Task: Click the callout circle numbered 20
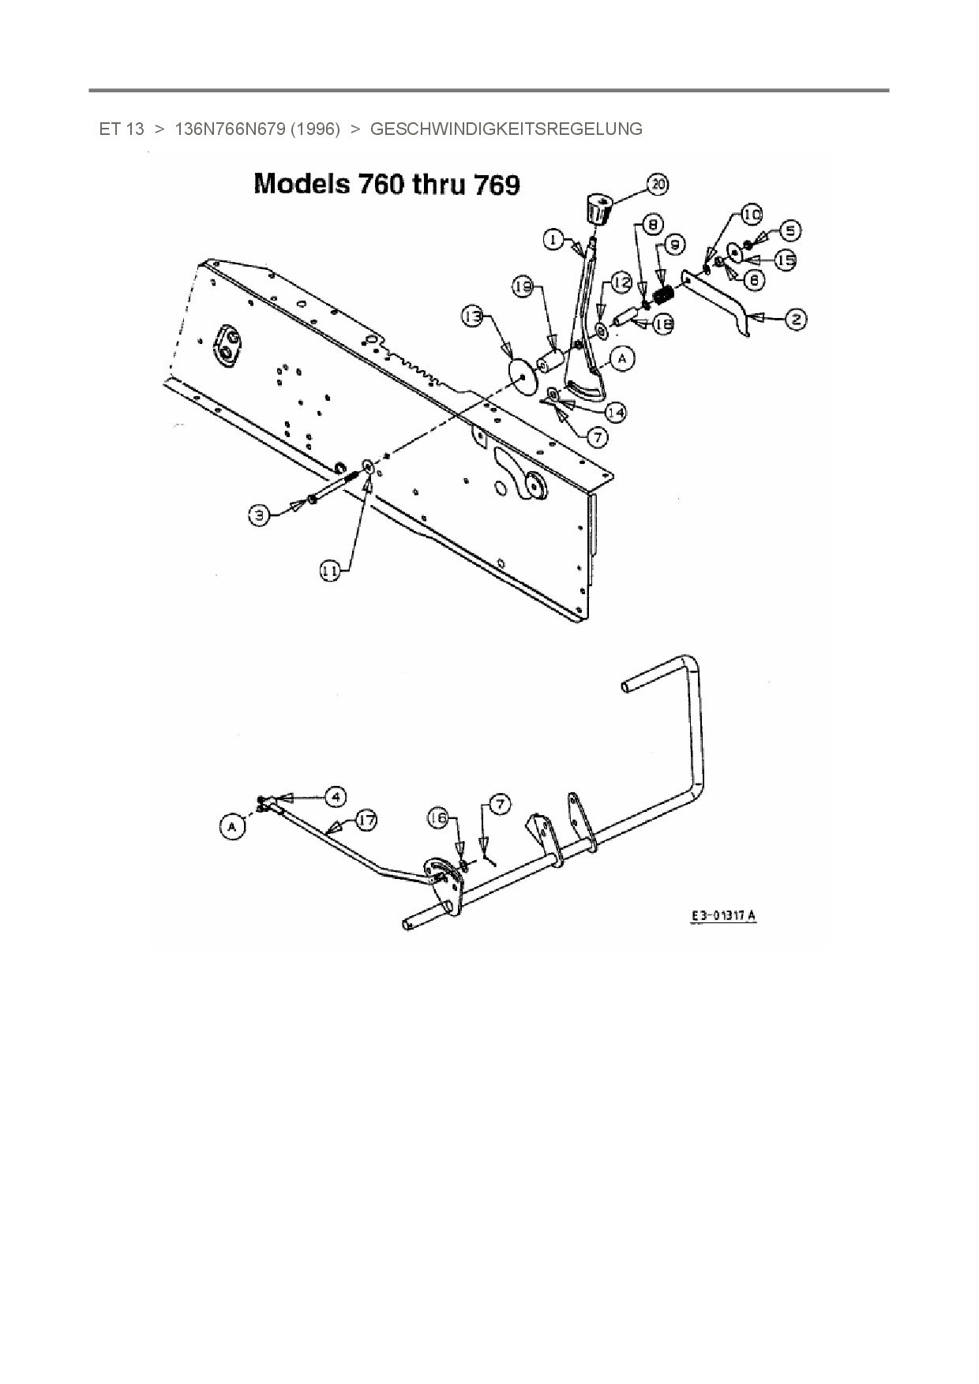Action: (657, 185)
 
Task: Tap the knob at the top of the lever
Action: (600, 209)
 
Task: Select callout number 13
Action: (472, 317)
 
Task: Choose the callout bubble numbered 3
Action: (259, 515)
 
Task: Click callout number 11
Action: (331, 571)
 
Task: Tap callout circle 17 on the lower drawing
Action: (366, 820)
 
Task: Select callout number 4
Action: (336, 796)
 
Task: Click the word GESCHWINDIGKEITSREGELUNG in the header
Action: (506, 129)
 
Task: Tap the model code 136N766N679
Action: (229, 129)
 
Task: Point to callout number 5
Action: (790, 230)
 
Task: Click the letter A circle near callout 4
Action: (231, 827)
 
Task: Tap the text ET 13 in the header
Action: (122, 129)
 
